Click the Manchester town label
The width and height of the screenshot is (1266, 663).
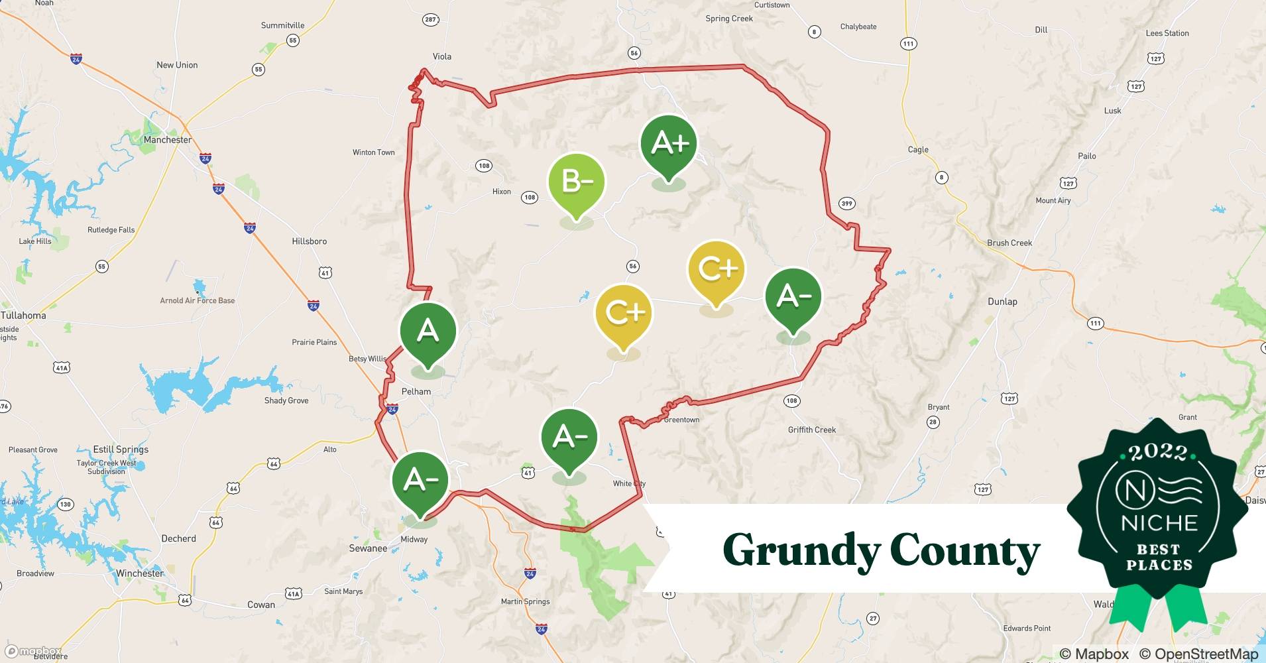[168, 140]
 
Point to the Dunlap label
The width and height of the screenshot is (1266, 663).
[1002, 301]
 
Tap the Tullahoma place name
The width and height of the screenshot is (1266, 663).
[24, 316]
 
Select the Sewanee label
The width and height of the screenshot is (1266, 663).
[368, 548]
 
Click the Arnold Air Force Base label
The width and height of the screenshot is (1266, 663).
[198, 300]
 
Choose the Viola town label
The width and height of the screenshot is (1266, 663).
[442, 56]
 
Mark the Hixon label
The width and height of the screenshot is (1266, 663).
[502, 192]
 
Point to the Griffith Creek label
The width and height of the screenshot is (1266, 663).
[812, 430]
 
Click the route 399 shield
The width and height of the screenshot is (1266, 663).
[847, 203]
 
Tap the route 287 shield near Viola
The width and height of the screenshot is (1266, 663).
[431, 20]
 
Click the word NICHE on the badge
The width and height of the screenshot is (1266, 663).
[1159, 523]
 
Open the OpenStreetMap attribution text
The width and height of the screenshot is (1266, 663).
[1198, 654]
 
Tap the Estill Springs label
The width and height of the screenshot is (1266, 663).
[121, 450]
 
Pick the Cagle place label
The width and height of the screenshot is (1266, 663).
[918, 150]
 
